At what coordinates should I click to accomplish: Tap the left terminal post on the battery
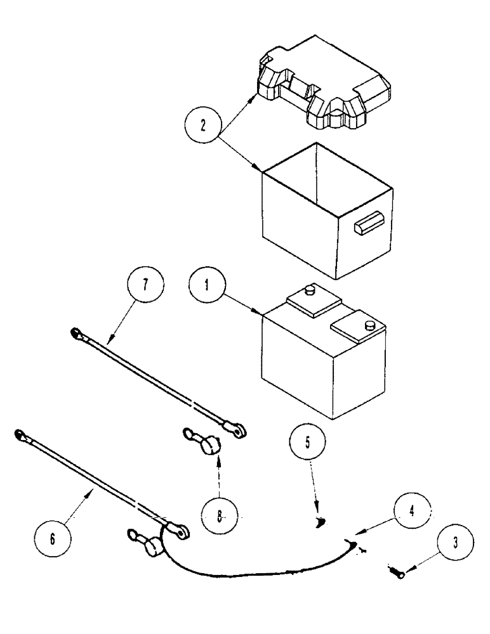click(x=310, y=290)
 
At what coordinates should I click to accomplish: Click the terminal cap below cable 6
click(x=152, y=545)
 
